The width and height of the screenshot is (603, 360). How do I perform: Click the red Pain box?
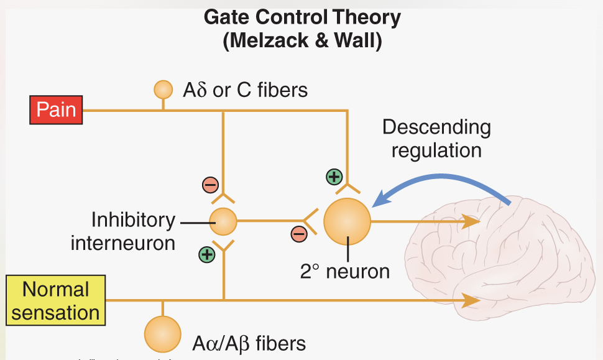[x=56, y=110]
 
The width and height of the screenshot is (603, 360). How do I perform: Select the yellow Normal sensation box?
[x=55, y=301]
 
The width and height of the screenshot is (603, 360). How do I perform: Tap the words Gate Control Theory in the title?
[x=302, y=17]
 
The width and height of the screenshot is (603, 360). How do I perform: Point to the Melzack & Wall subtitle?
[x=302, y=40]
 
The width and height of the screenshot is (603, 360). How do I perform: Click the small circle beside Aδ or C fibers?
[x=163, y=90]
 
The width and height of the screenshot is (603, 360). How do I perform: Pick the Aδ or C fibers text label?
[x=245, y=90]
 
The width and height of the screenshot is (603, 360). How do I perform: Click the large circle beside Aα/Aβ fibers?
[x=163, y=334]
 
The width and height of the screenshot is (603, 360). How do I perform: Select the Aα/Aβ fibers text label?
[x=249, y=343]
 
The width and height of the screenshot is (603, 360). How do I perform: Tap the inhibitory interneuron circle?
[x=223, y=221]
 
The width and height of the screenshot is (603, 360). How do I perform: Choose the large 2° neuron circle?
[x=347, y=221]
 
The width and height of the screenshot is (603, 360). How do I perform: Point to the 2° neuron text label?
[x=345, y=271]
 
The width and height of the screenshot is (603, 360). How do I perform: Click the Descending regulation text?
[x=436, y=139]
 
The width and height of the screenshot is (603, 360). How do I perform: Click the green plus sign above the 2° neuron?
[x=334, y=177]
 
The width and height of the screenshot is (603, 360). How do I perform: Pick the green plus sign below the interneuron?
[x=206, y=254]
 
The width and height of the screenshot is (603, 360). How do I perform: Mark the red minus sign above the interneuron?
[x=209, y=185]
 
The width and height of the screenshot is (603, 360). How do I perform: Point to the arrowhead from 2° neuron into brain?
[x=471, y=221]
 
